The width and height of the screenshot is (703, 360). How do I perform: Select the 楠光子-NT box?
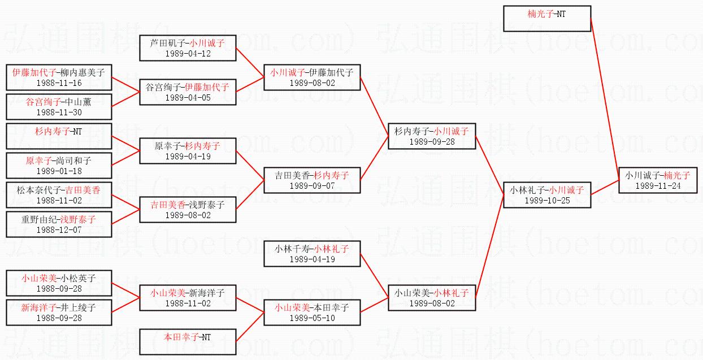(x=546, y=19)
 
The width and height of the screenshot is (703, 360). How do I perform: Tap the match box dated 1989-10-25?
(x=546, y=195)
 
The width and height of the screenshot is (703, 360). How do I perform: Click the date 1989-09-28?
(x=432, y=142)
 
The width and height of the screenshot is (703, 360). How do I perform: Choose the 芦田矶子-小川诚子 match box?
(x=188, y=47)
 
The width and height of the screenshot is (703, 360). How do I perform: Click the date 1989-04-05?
(x=188, y=98)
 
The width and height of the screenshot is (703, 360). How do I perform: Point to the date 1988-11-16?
(x=59, y=83)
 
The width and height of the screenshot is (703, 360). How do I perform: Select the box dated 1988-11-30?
(x=59, y=107)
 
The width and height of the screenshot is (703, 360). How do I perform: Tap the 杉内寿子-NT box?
(x=59, y=136)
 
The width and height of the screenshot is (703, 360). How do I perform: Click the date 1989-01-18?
(x=59, y=171)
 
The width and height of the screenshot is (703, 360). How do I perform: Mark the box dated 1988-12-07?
(x=59, y=224)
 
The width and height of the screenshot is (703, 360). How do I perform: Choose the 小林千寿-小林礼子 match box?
(x=312, y=253)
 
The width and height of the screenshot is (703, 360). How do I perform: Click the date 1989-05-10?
(x=312, y=318)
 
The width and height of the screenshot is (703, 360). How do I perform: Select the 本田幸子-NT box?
(x=188, y=342)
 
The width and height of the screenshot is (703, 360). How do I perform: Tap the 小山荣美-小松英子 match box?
(x=59, y=283)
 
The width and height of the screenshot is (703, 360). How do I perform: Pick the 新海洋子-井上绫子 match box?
(x=59, y=313)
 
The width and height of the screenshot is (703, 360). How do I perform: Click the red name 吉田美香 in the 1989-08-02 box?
(x=168, y=205)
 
